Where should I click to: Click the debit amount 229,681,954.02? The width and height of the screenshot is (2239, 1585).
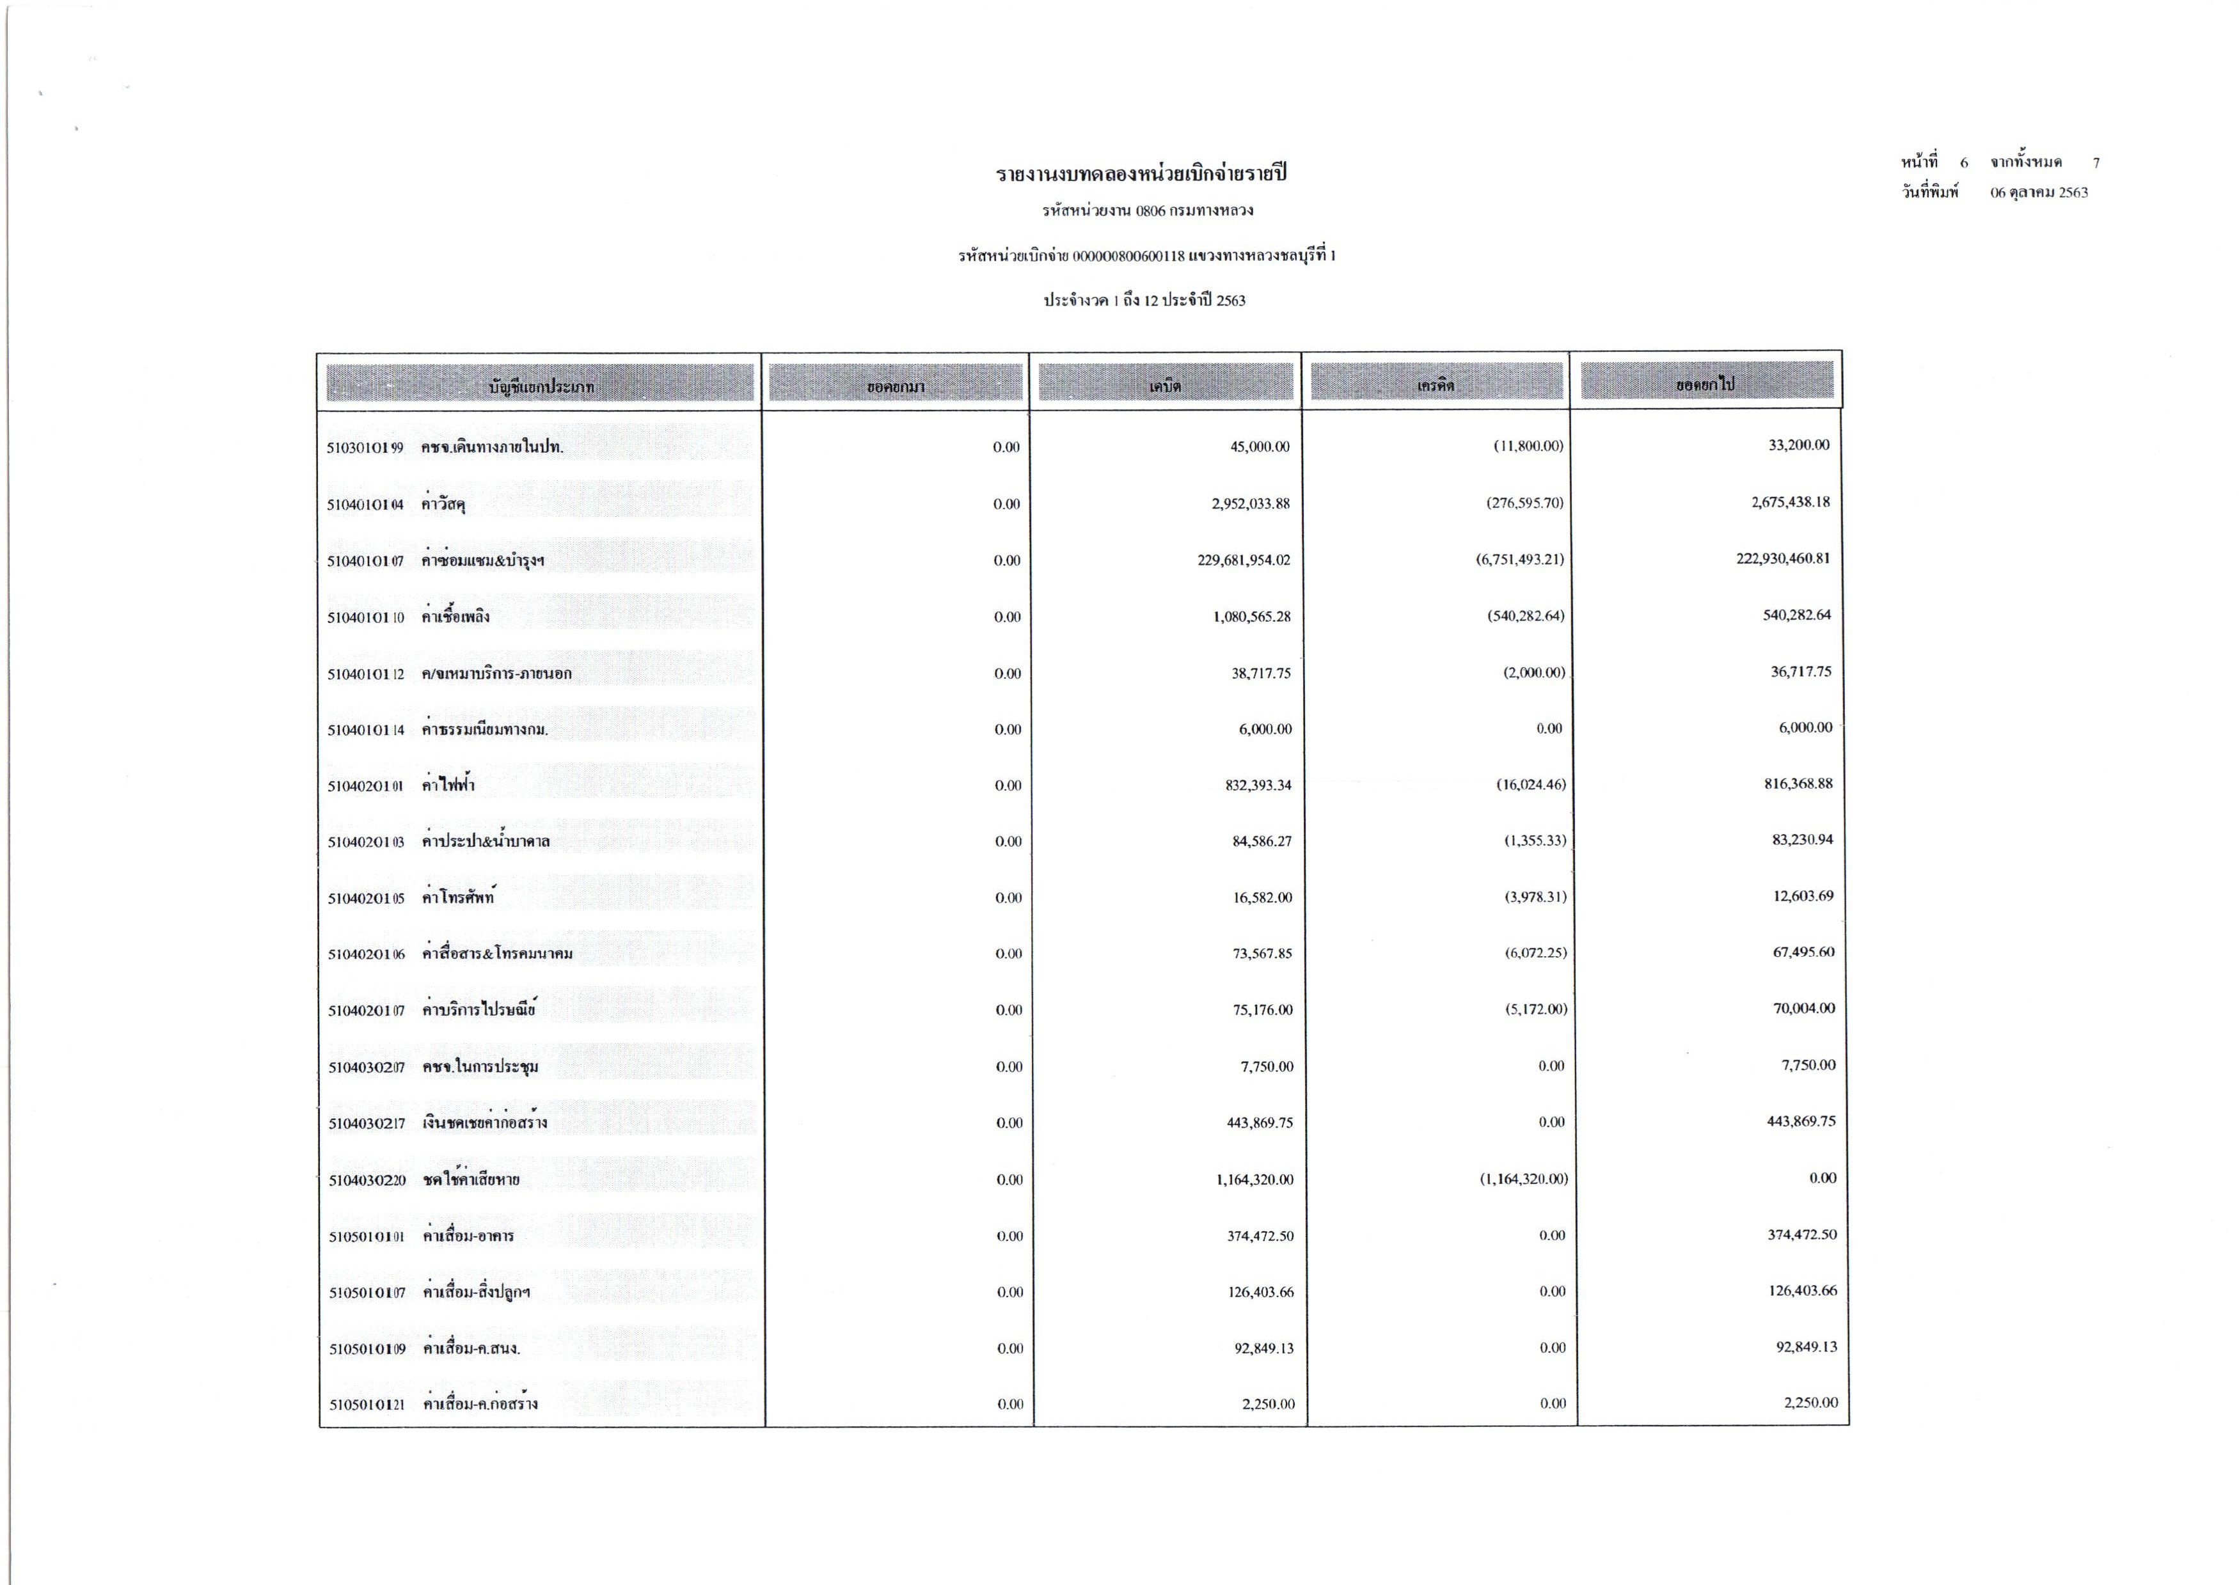tap(1244, 560)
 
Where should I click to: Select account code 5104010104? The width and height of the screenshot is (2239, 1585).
tap(365, 505)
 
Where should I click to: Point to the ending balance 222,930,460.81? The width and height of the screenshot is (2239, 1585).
tap(1782, 559)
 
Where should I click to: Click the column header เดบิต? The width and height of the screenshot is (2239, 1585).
tap(1166, 386)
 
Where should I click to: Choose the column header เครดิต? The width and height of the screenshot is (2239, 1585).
tap(1436, 386)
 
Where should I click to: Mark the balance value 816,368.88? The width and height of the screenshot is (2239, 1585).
tap(1798, 784)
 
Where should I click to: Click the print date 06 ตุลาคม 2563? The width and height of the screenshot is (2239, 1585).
tap(2039, 193)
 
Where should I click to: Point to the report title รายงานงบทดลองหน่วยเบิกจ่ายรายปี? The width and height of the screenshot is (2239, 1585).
tap(1141, 175)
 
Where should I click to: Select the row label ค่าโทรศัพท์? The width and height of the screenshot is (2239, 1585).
tap(458, 897)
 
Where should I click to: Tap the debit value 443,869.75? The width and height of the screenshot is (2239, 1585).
tap(1259, 1123)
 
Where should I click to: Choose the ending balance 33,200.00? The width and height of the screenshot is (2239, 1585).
tap(1799, 445)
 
